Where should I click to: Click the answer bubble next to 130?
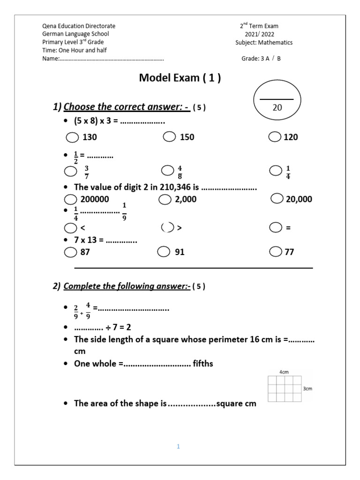pyautogui.click(x=72, y=137)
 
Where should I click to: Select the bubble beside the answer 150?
pyautogui.click(x=169, y=137)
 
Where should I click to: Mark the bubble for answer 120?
pyautogui.click(x=275, y=137)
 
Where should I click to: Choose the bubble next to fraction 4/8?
pyautogui.click(x=167, y=170)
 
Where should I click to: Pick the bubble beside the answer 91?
pyautogui.click(x=163, y=252)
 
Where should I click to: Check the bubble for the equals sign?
pyautogui.click(x=276, y=228)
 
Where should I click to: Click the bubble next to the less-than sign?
pyautogui.click(x=71, y=228)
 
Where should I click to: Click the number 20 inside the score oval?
pyautogui.click(x=277, y=108)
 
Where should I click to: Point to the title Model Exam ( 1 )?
pyautogui.click(x=180, y=78)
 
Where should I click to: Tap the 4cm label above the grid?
pyautogui.click(x=284, y=372)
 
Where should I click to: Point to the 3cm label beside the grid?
pyautogui.click(x=308, y=389)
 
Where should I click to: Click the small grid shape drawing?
pyautogui.click(x=285, y=389)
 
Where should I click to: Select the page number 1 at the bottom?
pyautogui.click(x=179, y=447)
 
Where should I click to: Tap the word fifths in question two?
pyautogui.click(x=203, y=364)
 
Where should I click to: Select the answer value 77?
pyautogui.click(x=289, y=252)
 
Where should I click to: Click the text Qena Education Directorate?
pyautogui.click(x=79, y=26)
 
